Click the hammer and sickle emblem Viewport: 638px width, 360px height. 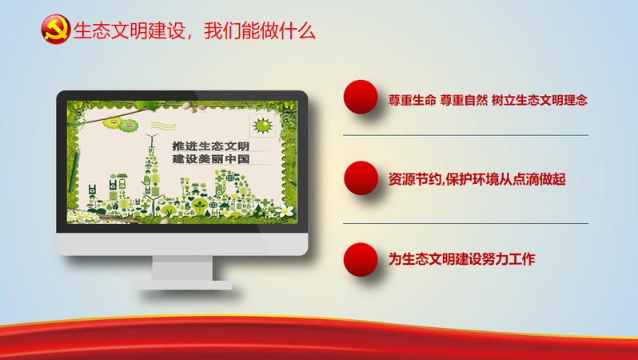pyautogui.click(x=56, y=30)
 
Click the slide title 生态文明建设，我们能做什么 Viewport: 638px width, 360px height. pyautogui.click(x=194, y=31)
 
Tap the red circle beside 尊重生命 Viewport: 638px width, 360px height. pyautogui.click(x=361, y=97)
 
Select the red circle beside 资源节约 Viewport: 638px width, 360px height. pyautogui.click(x=361, y=178)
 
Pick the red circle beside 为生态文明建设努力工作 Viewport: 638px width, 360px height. pyautogui.click(x=361, y=260)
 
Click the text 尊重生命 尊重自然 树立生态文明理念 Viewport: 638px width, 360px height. pyautogui.click(x=488, y=100)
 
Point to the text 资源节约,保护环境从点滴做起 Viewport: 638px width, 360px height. pyautogui.click(x=477, y=179)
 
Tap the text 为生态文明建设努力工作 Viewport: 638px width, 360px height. pyautogui.click(x=461, y=259)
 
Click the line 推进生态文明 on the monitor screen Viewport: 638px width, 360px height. pyautogui.click(x=211, y=146)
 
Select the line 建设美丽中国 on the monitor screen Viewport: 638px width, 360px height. pyautogui.click(x=211, y=159)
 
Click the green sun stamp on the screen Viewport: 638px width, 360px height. pyautogui.click(x=262, y=126)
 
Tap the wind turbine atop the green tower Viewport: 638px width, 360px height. pyautogui.click(x=151, y=139)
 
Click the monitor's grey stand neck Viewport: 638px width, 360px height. pyautogui.click(x=182, y=268)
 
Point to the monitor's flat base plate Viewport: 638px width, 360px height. pyautogui.click(x=182, y=285)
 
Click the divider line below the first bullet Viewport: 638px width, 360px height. pyautogui.click(x=465, y=135)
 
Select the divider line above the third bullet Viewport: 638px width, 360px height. pyautogui.click(x=465, y=223)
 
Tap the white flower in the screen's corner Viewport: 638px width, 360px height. pyautogui.click(x=285, y=210)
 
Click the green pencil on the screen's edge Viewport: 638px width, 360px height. pyautogui.click(x=74, y=170)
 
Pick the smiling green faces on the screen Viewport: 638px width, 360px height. pyautogui.click(x=121, y=124)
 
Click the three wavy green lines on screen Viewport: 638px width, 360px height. pyautogui.click(x=163, y=126)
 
